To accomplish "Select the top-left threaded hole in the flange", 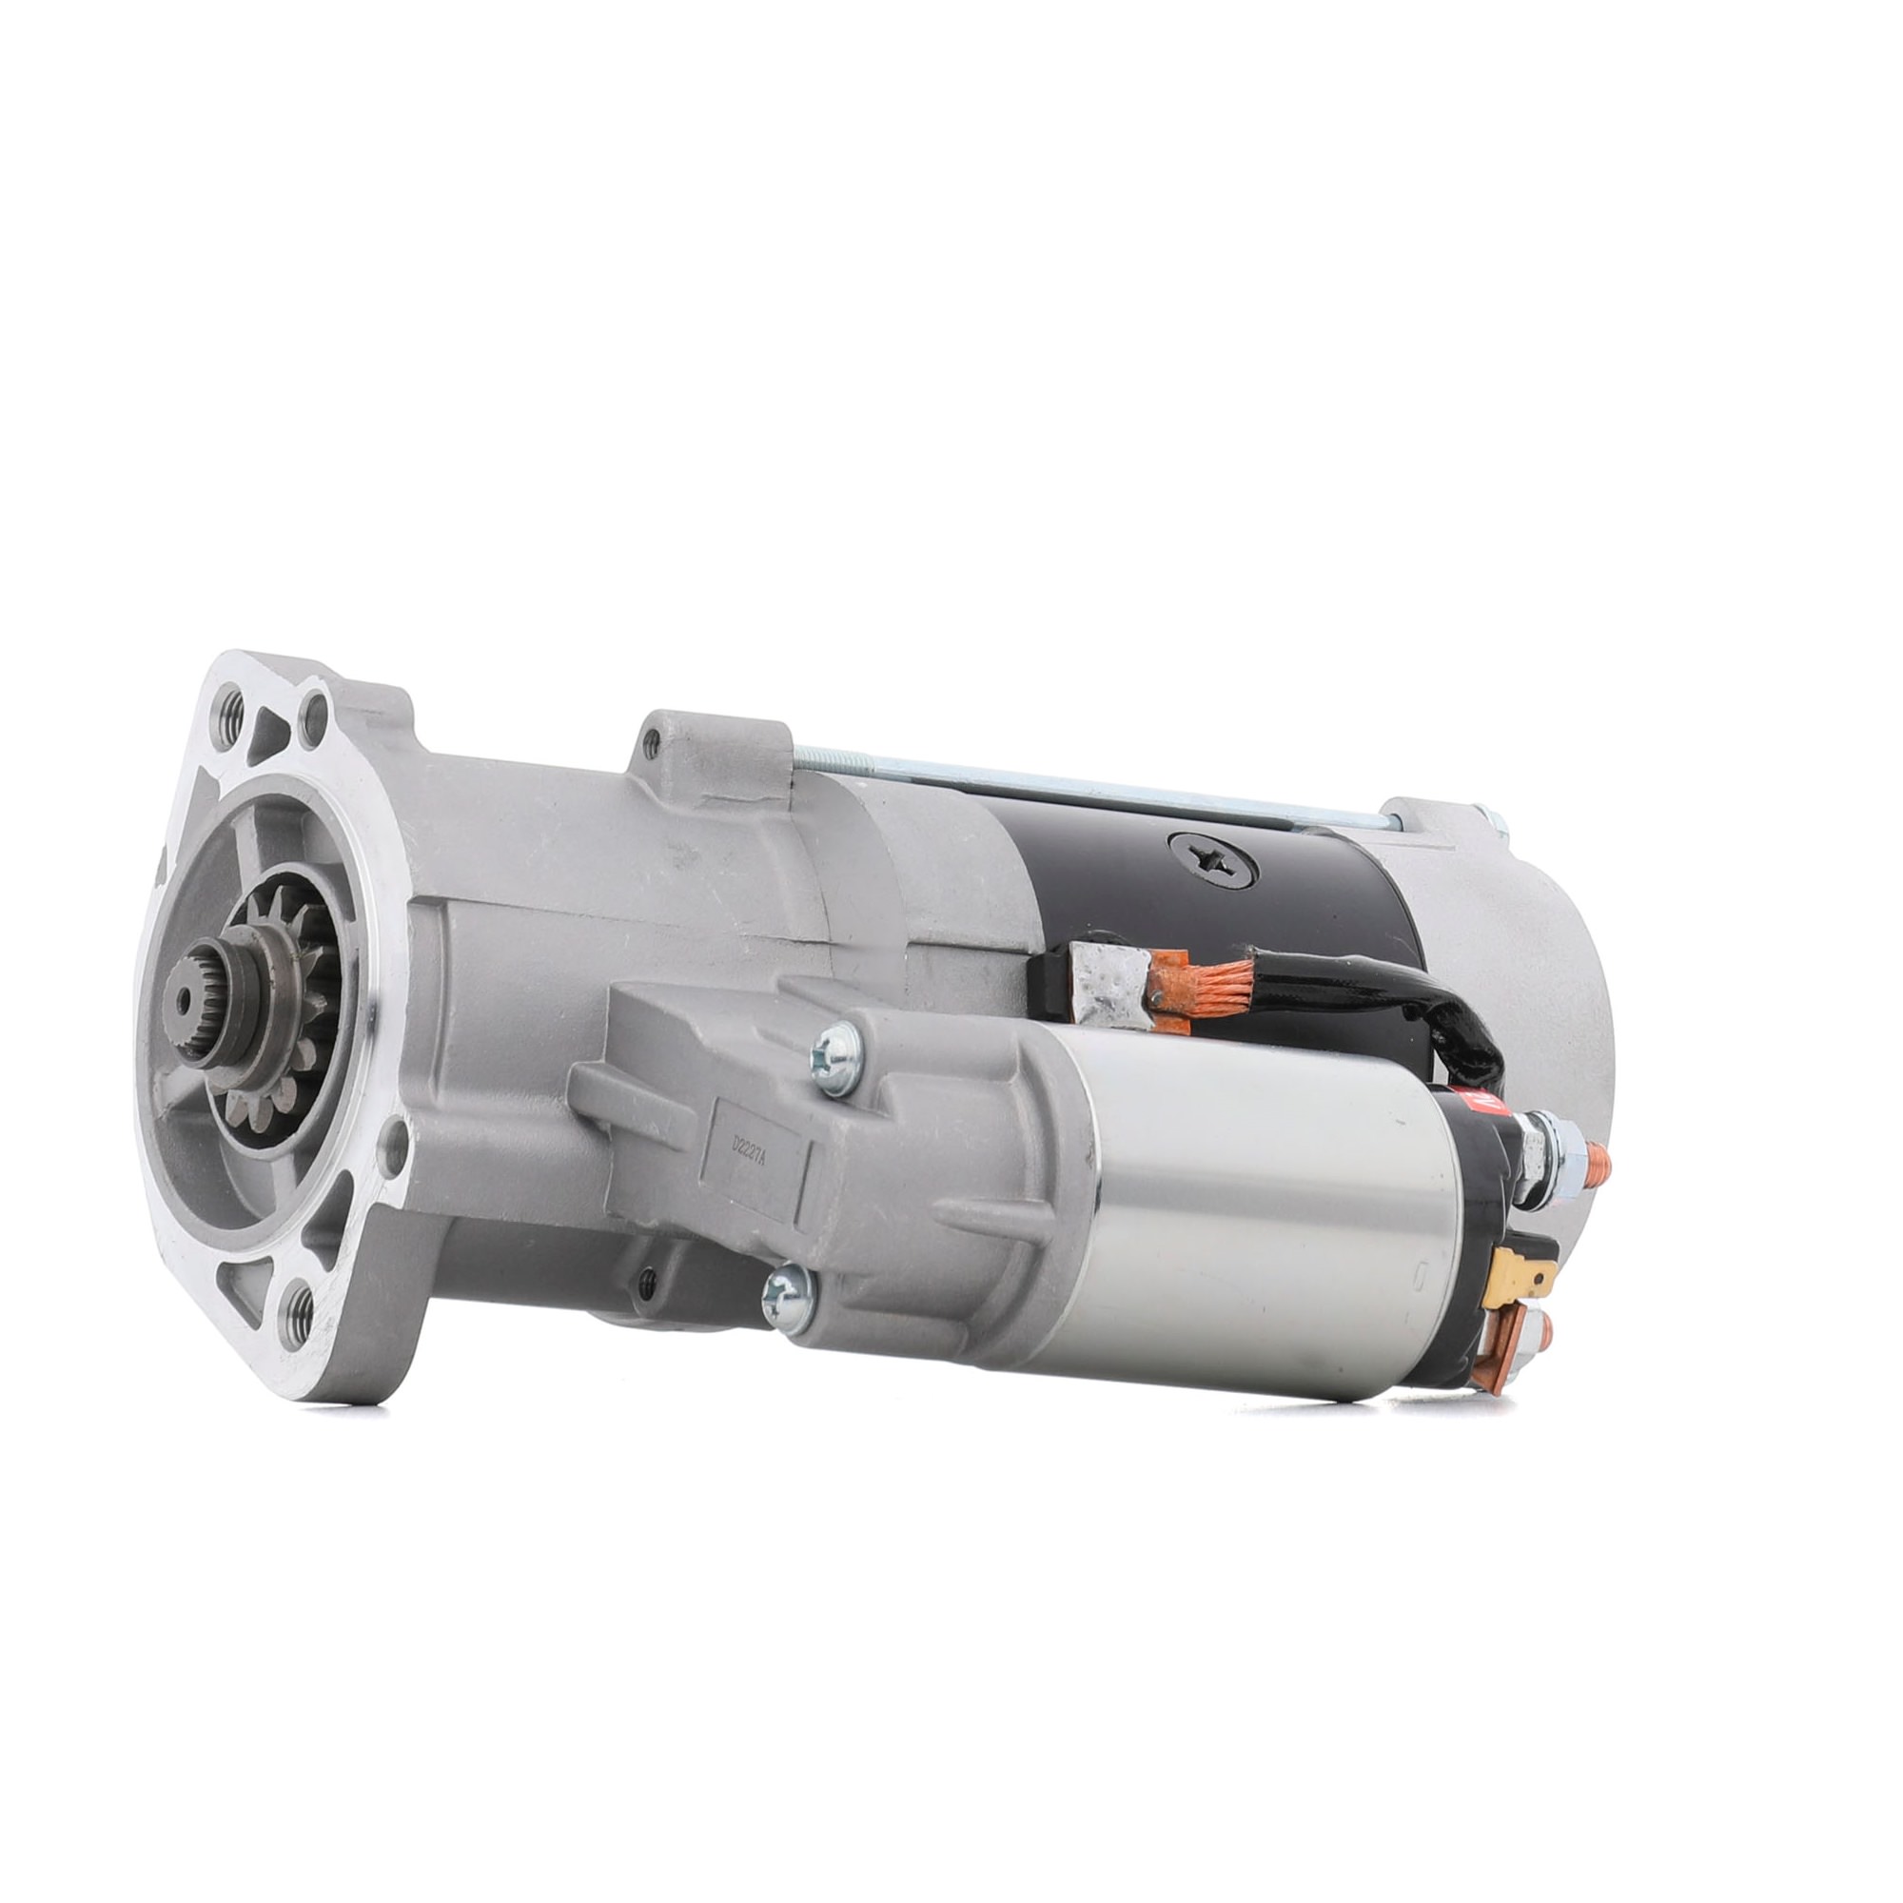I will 232,705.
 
